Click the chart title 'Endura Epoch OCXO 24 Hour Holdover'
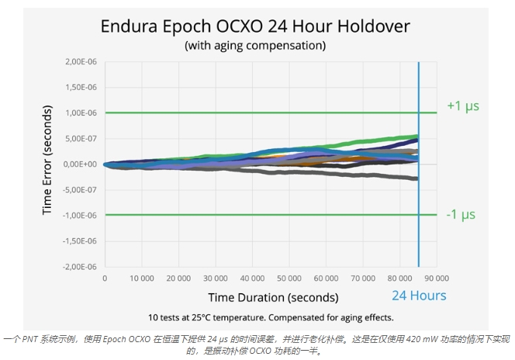coord(255,26)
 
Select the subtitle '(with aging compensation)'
coord(254,45)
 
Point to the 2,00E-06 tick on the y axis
coord(80,62)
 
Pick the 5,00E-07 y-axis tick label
coord(80,139)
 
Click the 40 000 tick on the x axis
coord(252,278)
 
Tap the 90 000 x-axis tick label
coord(437,278)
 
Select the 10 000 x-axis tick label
coord(141,278)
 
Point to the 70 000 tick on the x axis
coord(363,278)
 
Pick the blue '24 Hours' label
coord(419,296)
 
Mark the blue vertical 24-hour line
coord(419,194)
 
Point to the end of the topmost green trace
coord(417,137)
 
